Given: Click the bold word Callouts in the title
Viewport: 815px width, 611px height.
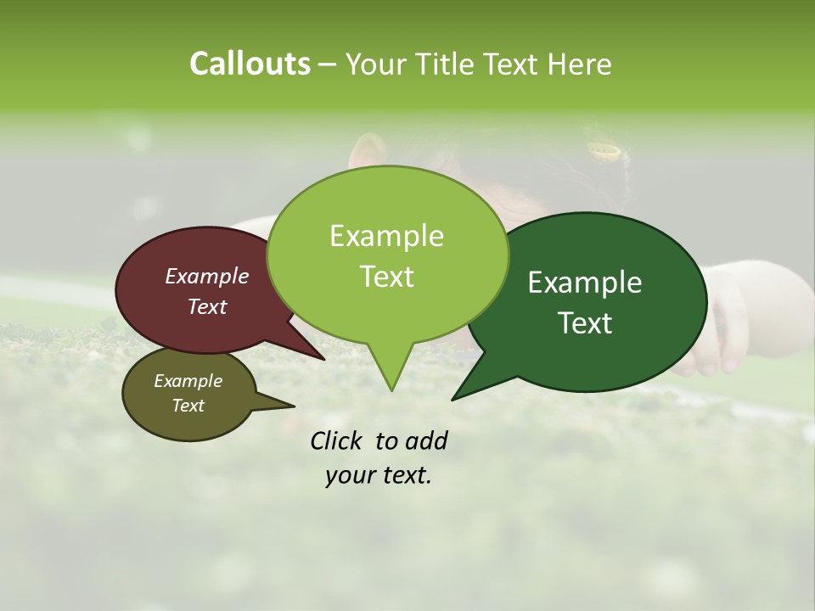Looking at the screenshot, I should [250, 64].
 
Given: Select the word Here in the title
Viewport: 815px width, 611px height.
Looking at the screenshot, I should [577, 64].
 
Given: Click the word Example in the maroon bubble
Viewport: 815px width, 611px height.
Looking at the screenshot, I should [206, 276].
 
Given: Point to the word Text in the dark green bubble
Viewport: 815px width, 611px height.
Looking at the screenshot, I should [586, 323].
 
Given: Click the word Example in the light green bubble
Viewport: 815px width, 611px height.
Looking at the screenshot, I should [386, 236].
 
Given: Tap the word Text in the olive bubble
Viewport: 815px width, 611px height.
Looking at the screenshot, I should [188, 406].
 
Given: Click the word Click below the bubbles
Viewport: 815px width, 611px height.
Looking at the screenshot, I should [337, 440].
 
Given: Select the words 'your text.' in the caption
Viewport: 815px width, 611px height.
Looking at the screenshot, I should [379, 475].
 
